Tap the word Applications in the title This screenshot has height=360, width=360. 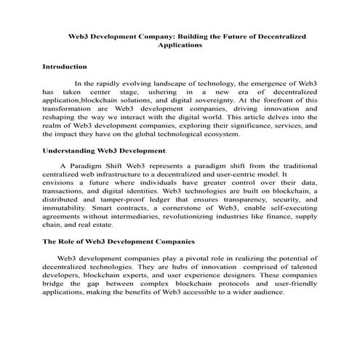179,44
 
